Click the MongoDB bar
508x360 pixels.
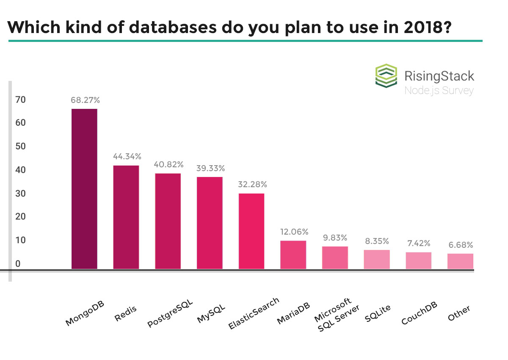point(84,189)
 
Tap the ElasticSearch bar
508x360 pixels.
point(251,231)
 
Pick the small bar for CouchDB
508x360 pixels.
point(419,260)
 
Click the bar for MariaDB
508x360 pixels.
point(293,255)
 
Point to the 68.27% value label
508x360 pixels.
point(85,100)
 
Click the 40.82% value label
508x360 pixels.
point(168,164)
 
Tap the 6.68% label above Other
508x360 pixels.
point(461,245)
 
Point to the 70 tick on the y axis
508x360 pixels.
point(21,100)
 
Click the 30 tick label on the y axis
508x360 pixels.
point(21,194)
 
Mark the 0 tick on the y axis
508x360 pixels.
point(18,264)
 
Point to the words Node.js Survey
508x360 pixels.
point(439,90)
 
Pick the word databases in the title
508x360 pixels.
point(157,28)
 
